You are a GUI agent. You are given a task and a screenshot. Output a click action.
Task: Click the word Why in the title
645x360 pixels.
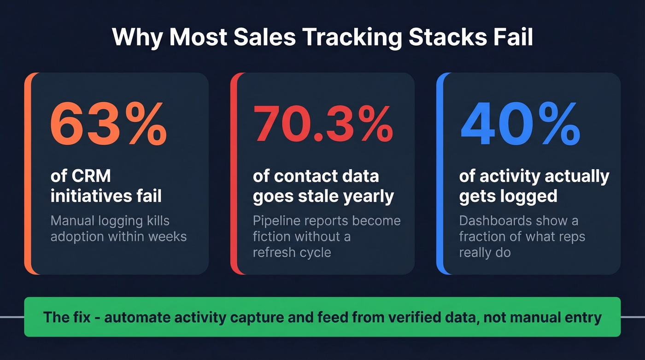[x=137, y=37]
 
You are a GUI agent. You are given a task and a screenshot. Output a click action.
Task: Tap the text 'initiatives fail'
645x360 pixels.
[x=106, y=196]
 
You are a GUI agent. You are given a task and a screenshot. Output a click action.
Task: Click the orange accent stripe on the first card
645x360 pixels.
[x=28, y=173]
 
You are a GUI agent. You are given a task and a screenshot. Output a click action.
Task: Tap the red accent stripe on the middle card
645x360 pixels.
[x=234, y=173]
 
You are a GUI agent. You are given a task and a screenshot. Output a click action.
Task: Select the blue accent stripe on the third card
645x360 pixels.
[x=440, y=173]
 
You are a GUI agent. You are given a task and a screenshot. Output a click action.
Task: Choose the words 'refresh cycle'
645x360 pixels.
[x=292, y=253]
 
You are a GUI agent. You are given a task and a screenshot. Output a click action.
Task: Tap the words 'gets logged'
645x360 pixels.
[x=508, y=196]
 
